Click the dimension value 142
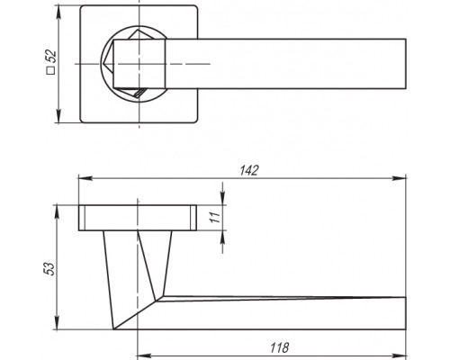(x=249, y=170)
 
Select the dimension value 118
(x=280, y=347)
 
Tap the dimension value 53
(x=49, y=268)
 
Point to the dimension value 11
(x=214, y=217)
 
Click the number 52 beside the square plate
(x=52, y=56)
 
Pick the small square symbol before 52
(x=51, y=71)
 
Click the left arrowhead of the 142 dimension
(x=85, y=178)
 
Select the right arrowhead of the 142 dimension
(x=399, y=178)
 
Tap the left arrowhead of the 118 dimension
(x=144, y=355)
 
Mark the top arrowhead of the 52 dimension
(x=58, y=12)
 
